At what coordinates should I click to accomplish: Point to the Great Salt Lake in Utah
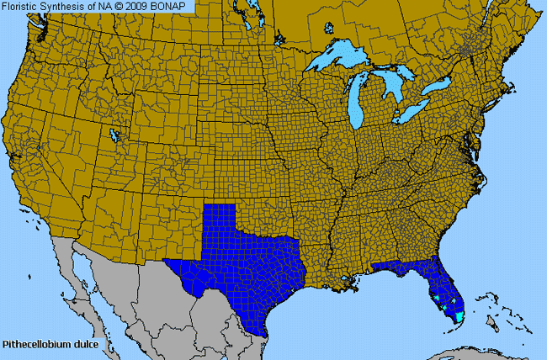[x=114, y=134]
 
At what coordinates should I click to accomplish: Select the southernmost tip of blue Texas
[x=268, y=334]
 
